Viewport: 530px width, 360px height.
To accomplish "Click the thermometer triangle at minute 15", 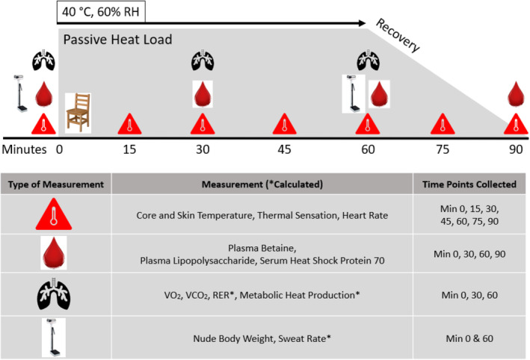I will pyautogui.click(x=129, y=124).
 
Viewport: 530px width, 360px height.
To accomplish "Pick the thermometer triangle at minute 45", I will pyautogui.click(x=283, y=124).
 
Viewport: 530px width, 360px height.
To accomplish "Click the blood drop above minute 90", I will pyautogui.click(x=516, y=96).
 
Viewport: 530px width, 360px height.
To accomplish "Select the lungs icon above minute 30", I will pyautogui.click(x=202, y=60).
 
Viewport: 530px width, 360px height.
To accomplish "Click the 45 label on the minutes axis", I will pyautogui.click(x=283, y=149).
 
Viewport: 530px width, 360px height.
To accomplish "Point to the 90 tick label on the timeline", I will pyautogui.click(x=516, y=149).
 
